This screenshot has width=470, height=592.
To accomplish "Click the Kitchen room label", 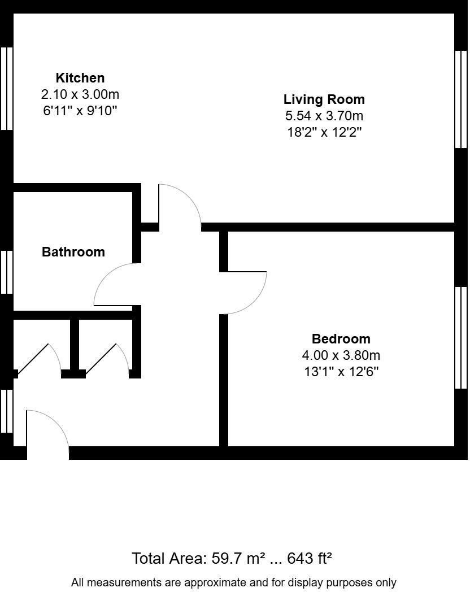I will pos(80,78).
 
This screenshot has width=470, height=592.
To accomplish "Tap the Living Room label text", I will pos(324,99).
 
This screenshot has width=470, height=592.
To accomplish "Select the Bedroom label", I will pos(341,339).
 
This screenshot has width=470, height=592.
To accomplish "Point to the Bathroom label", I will pos(73,252).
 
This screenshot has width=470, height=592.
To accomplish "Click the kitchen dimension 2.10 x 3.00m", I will pos(80,94).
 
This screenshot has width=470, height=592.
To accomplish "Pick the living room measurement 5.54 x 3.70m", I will pos(324,116).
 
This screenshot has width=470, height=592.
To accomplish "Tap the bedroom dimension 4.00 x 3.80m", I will pos(341,355).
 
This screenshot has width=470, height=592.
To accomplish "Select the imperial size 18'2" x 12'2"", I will pos(324,133).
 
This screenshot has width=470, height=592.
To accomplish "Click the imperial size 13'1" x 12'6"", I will pos(341,372).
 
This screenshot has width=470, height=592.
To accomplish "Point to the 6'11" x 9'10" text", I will pos(80,110).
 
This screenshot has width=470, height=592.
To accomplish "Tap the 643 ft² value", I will pos(309,559).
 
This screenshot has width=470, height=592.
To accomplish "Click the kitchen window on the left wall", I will pos(7,89).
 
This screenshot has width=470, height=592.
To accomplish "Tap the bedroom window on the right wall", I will pos(461,338).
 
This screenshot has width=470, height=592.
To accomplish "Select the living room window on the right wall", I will pos(461,99).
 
